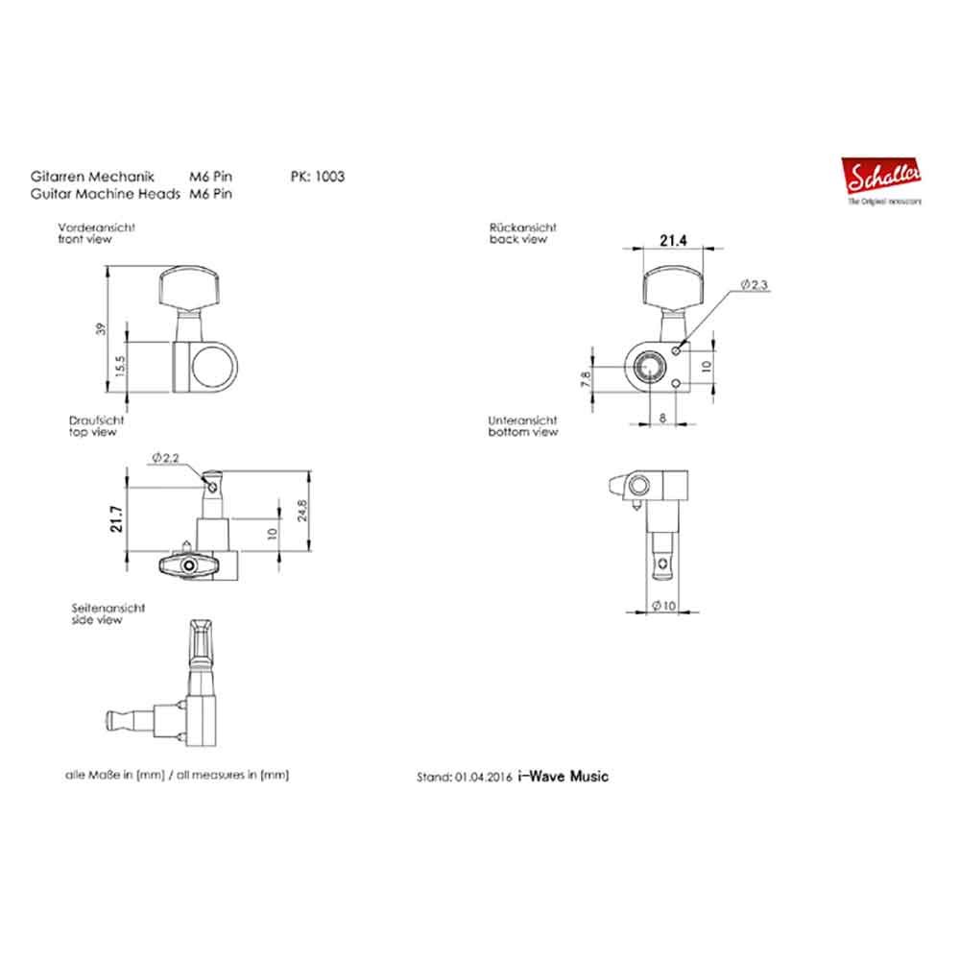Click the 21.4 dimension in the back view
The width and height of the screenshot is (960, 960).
tap(672, 241)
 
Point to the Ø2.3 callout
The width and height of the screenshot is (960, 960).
tap(756, 286)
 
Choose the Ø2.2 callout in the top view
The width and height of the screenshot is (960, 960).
tap(166, 460)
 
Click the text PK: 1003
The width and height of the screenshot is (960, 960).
tap(317, 177)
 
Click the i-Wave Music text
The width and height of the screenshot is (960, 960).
tap(563, 777)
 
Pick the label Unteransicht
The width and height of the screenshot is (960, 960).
tap(522, 420)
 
